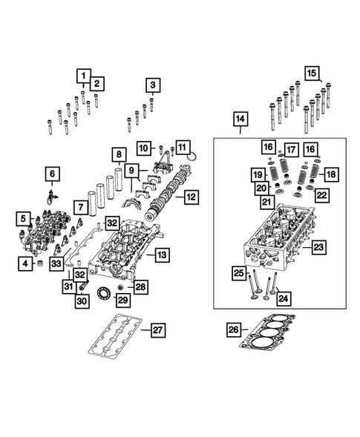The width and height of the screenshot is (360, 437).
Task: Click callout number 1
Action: [x=83, y=75]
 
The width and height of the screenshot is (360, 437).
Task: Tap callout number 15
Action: [x=311, y=73]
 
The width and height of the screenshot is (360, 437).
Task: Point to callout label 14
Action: [x=240, y=119]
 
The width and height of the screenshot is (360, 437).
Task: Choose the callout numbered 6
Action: [x=53, y=174]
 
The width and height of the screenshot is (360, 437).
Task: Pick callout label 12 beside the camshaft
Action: [x=192, y=197]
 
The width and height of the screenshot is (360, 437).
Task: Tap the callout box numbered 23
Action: [x=318, y=246]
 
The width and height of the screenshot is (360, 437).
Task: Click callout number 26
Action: [x=233, y=329]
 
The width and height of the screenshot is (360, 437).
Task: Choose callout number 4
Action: [x=24, y=263]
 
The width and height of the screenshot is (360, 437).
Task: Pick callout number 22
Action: [x=321, y=195]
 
